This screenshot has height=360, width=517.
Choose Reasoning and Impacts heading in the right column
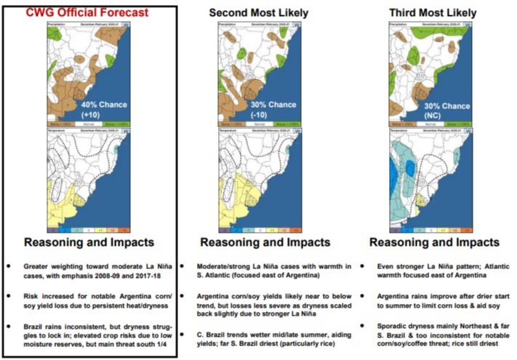pyautogui.click(x=434, y=241)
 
